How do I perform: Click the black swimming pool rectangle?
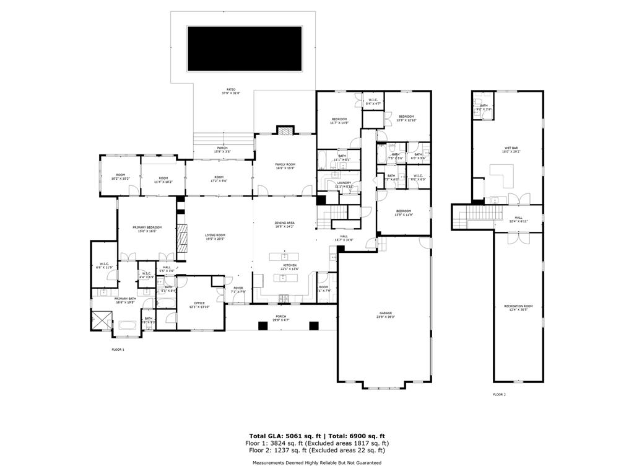click(245, 48)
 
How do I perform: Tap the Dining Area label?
click(285, 224)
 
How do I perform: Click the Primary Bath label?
click(124, 300)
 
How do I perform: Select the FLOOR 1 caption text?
click(118, 350)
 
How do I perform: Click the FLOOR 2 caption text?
click(499, 394)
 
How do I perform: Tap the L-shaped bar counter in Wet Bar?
click(505, 175)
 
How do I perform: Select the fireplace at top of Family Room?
click(284, 131)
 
